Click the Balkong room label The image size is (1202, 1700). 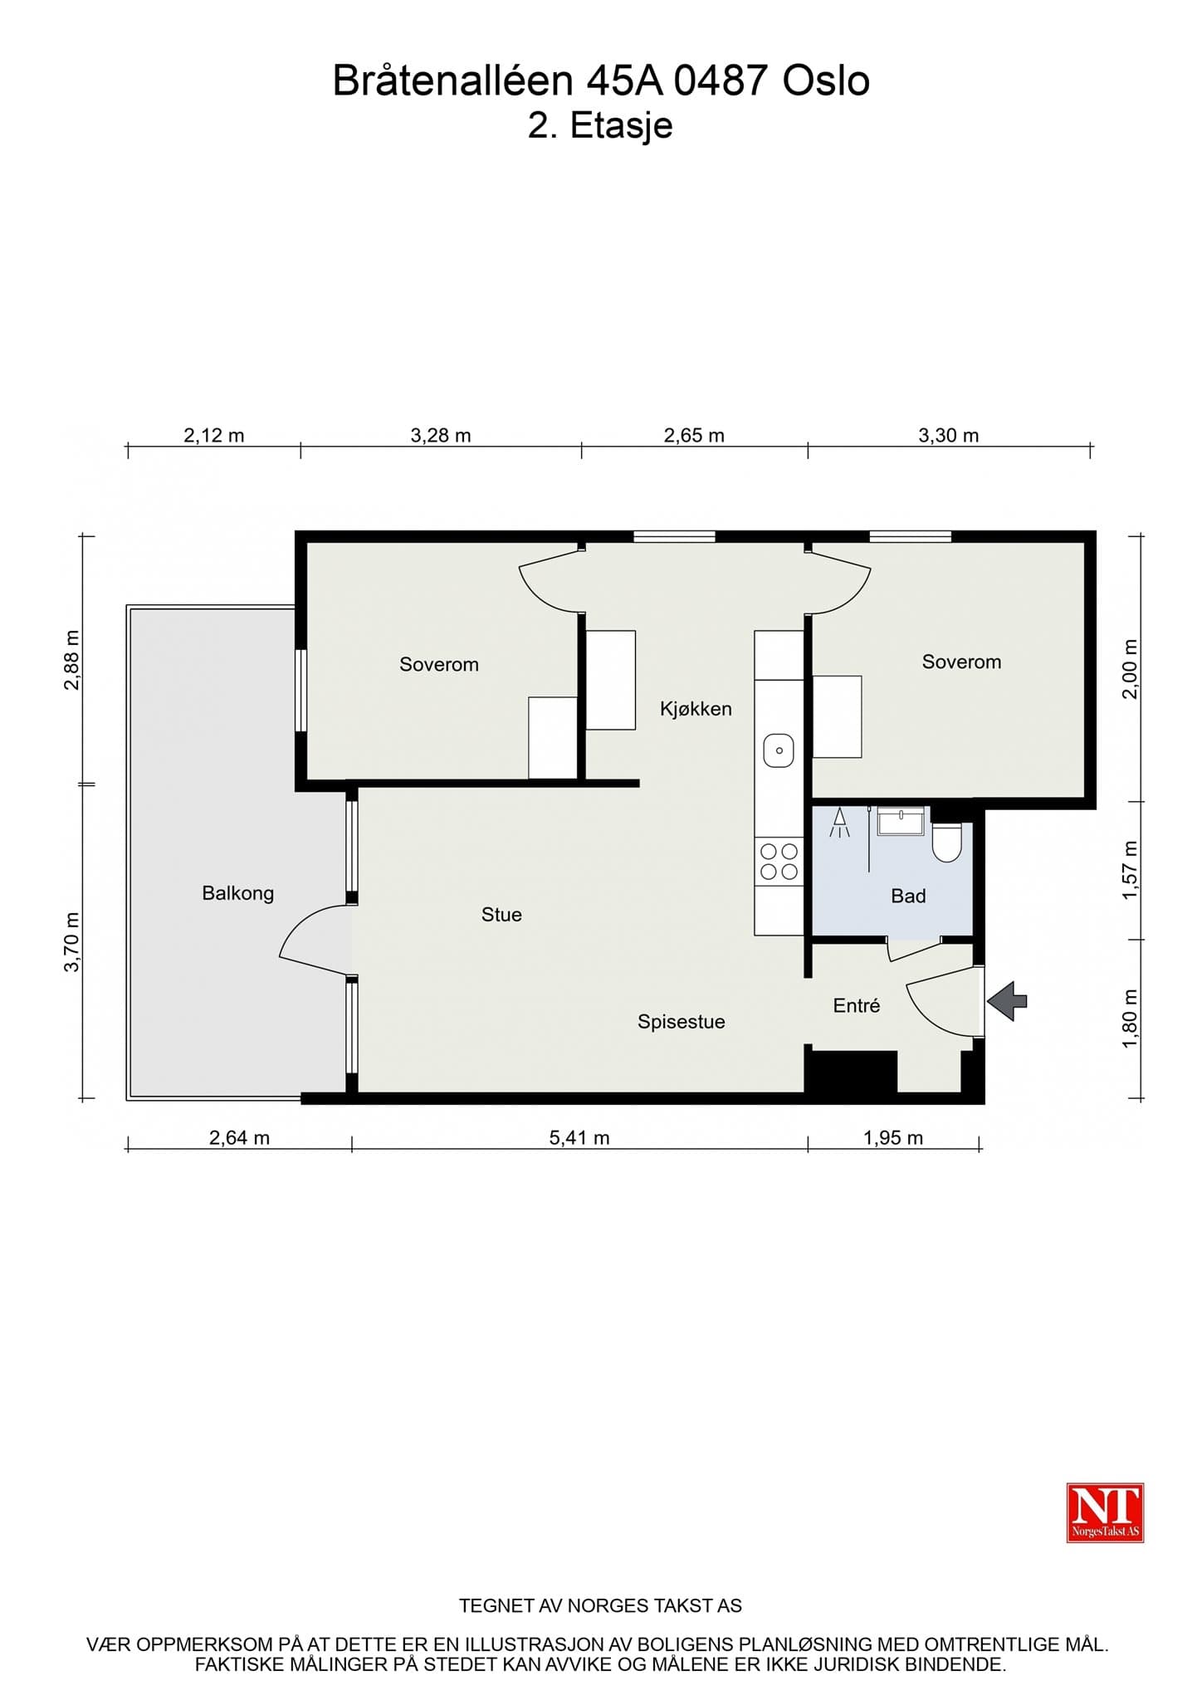tap(237, 893)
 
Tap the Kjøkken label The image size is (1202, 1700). tap(696, 709)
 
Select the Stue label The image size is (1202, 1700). tap(501, 915)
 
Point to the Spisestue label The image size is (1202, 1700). tap(681, 1022)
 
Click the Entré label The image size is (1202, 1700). tap(856, 1005)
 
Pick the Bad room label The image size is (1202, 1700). tap(908, 896)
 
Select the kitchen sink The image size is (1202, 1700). tap(779, 750)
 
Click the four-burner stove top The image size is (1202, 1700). tap(779, 861)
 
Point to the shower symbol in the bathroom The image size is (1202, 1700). tap(839, 823)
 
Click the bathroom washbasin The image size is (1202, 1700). tap(901, 821)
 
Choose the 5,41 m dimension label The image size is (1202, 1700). tap(579, 1138)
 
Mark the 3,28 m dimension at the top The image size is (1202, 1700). tap(441, 435)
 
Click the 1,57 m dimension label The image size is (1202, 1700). tap(1129, 870)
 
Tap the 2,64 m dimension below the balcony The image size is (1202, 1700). tap(239, 1138)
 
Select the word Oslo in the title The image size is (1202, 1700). tap(826, 81)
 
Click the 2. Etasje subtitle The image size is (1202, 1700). tap(600, 126)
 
